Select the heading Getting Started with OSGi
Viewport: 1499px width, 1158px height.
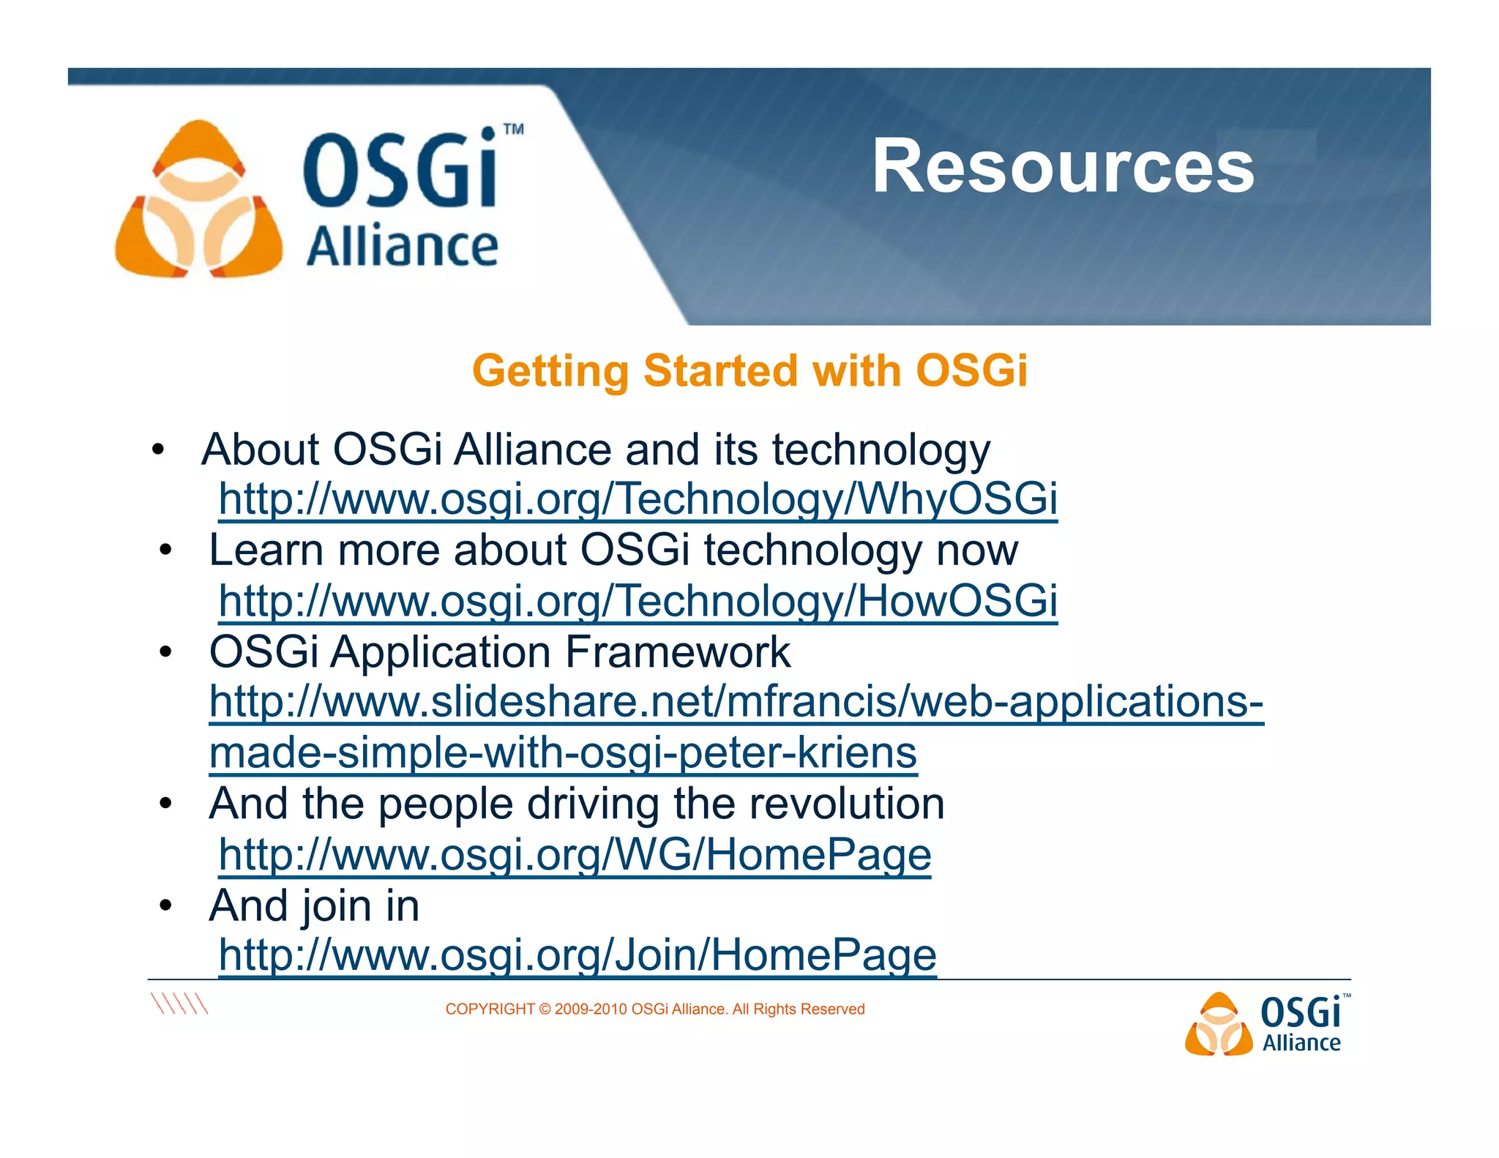coord(749,370)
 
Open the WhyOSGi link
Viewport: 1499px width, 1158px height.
coord(638,499)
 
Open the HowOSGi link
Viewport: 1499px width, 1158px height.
coord(638,601)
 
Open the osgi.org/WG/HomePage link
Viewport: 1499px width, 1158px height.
coord(575,854)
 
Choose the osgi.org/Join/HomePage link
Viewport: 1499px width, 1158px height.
coord(577,955)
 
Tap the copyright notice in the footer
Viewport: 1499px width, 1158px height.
coord(654,1009)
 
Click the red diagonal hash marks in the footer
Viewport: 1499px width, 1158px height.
coord(179,1004)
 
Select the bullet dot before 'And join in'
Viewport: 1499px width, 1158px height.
coord(166,906)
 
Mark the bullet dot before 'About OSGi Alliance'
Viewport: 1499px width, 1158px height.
coord(158,449)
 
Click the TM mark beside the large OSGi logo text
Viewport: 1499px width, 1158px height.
coord(514,130)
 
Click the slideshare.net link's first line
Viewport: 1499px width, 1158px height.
coord(736,702)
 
